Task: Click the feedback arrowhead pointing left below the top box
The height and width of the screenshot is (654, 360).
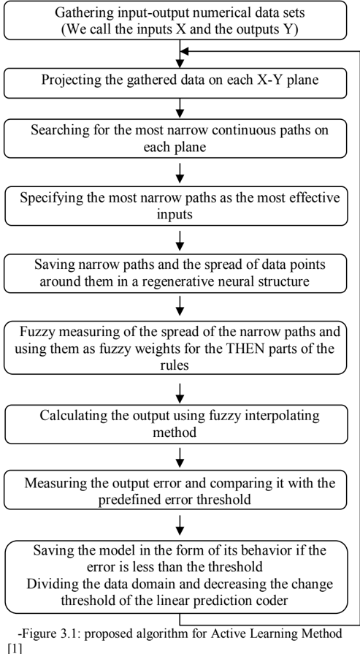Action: coord(185,51)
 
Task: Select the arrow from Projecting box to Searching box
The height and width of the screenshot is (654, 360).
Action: coord(180,108)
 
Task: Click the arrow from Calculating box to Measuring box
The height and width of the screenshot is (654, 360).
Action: coord(180,457)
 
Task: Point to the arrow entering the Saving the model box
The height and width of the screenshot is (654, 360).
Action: coord(180,525)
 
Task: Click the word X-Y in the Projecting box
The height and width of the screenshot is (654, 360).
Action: coord(259,80)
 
